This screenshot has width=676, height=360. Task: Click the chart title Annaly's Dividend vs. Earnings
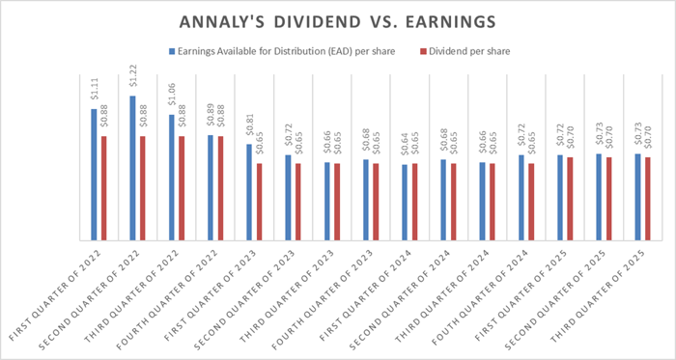pyautogui.click(x=337, y=21)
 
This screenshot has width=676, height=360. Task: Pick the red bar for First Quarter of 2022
pyautogui.click(x=103, y=187)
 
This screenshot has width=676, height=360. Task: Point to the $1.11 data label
pyautogui.click(x=94, y=92)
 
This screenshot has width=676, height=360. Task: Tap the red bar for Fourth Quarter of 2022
pyautogui.click(x=219, y=187)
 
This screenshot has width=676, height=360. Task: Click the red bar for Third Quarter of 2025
pyautogui.click(x=646, y=198)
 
